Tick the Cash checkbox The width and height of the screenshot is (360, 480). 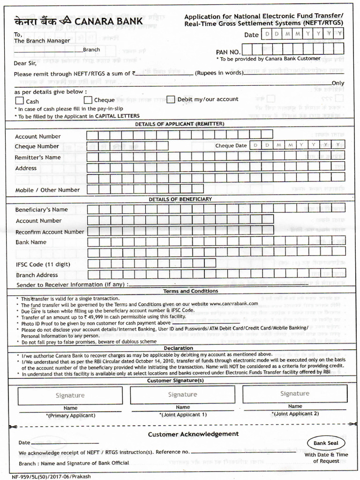(x=19, y=100)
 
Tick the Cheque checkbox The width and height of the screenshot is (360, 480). (x=88, y=99)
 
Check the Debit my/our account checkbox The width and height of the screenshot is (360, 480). (x=171, y=99)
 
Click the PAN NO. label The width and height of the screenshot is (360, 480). (x=228, y=52)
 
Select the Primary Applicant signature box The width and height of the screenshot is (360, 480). (x=70, y=395)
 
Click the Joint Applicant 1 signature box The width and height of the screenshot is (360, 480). (x=182, y=394)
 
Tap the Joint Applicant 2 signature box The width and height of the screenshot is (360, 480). (x=295, y=393)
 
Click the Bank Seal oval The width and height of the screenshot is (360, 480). (x=326, y=443)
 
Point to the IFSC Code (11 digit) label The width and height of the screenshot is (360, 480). (x=43, y=264)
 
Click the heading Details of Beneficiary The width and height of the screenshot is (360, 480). (x=180, y=199)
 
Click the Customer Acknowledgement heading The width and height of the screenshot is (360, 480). (x=193, y=434)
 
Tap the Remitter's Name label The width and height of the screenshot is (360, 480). (x=37, y=157)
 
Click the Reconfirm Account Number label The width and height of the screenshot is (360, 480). (x=50, y=232)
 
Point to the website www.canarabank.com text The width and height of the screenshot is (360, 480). (x=233, y=304)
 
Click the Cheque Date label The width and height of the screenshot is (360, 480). (x=231, y=146)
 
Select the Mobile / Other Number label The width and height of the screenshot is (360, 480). (x=47, y=190)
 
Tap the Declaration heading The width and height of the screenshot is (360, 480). (x=178, y=348)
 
